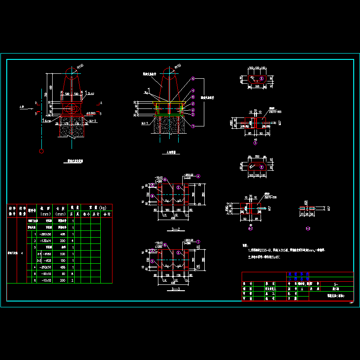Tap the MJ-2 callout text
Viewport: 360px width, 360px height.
point(93,121)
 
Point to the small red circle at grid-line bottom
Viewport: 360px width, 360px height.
point(41,151)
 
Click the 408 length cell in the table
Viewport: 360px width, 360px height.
point(62,234)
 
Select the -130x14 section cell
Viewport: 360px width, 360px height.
point(45,241)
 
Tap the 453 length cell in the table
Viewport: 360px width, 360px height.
point(62,267)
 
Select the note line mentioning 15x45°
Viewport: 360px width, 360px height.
point(268,257)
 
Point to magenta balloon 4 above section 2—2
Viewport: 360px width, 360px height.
point(198,175)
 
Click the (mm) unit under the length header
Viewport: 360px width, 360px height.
point(62,214)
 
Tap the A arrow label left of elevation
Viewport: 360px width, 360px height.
point(22,107)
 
